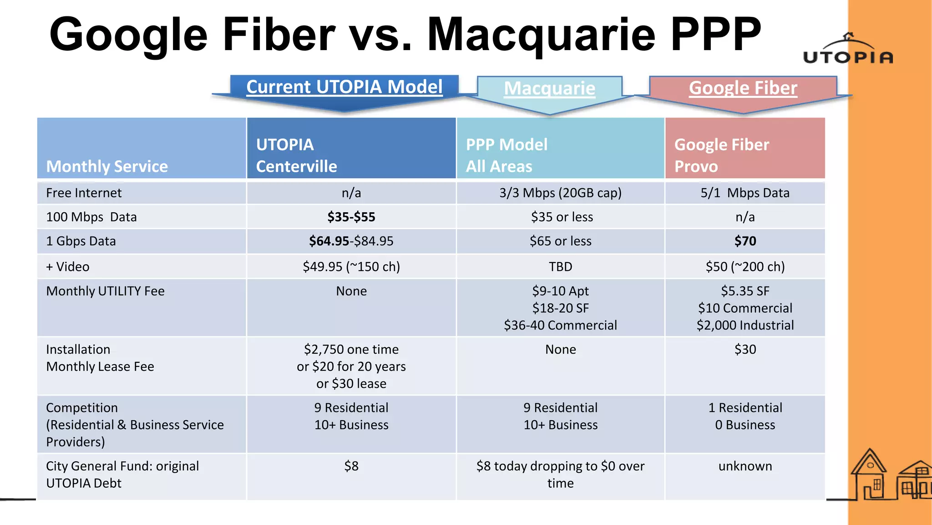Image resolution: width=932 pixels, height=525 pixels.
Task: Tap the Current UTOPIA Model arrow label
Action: pyautogui.click(x=344, y=87)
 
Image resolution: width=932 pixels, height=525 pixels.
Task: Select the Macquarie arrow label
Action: pyautogui.click(x=549, y=88)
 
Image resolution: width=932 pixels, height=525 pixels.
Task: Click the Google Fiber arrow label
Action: pyautogui.click(x=743, y=88)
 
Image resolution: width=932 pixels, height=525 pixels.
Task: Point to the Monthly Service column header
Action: pyautogui.click(x=107, y=166)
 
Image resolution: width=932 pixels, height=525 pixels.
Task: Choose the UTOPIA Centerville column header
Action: pyautogui.click(x=296, y=155)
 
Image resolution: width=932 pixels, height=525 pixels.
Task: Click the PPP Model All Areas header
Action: pyautogui.click(x=507, y=155)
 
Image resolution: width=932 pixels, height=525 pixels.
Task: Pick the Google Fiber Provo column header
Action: pyautogui.click(x=721, y=155)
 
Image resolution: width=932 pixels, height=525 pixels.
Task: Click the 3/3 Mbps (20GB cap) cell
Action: pyautogui.click(x=560, y=193)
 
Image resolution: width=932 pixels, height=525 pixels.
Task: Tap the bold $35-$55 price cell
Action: pyautogui.click(x=351, y=217)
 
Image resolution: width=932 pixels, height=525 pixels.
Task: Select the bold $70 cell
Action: pyautogui.click(x=745, y=241)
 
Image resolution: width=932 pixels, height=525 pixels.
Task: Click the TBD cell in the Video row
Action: pyautogui.click(x=560, y=267)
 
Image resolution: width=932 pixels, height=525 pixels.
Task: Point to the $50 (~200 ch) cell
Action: pyautogui.click(x=745, y=267)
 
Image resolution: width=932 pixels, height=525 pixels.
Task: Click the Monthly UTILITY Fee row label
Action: pyautogui.click(x=105, y=291)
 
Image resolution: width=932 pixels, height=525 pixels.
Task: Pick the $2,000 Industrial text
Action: pyautogui.click(x=745, y=325)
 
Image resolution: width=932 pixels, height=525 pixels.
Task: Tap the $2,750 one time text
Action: pyautogui.click(x=351, y=350)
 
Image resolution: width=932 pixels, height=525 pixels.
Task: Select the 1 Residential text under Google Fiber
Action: pyautogui.click(x=745, y=408)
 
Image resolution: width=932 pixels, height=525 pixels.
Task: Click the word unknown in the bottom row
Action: pyautogui.click(x=745, y=466)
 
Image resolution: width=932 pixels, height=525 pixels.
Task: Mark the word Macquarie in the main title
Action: pyautogui.click(x=541, y=36)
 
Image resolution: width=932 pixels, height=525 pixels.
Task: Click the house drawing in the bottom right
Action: pyautogui.click(x=869, y=476)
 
